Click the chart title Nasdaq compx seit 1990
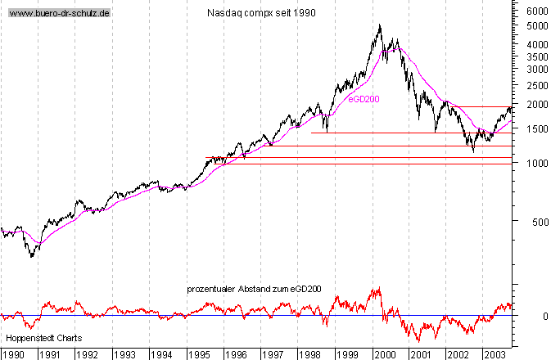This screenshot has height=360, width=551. tap(261, 14)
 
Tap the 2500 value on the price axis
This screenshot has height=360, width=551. tap(536, 85)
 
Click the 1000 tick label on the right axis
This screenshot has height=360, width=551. tap(536, 164)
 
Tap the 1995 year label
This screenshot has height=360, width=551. tap(199, 353)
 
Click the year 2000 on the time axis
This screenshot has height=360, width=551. tap(383, 353)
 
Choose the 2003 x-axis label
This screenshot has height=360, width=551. tap(495, 353)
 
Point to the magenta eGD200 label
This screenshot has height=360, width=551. tap(364, 98)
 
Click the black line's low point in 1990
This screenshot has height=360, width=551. tap(31, 257)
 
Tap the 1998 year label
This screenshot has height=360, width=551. tap(309, 353)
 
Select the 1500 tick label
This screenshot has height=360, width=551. tap(536, 129)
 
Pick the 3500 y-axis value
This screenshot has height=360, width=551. tap(536, 57)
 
